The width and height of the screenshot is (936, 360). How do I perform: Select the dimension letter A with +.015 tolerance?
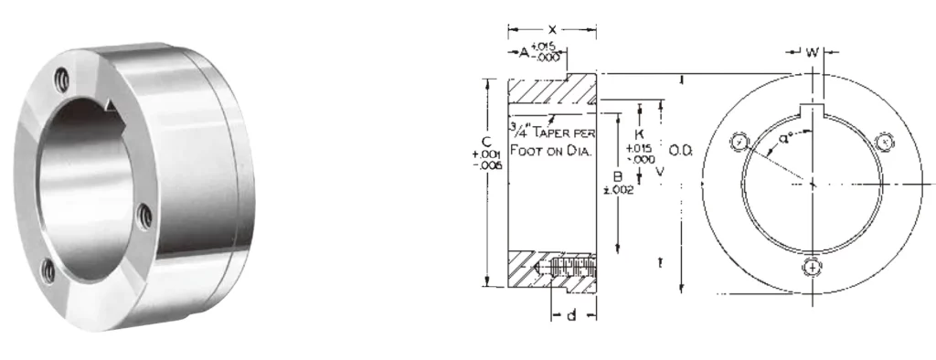[x=525, y=53]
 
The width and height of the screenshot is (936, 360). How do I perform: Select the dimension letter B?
[x=618, y=175]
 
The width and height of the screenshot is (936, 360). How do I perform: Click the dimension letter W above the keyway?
[x=812, y=52]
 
